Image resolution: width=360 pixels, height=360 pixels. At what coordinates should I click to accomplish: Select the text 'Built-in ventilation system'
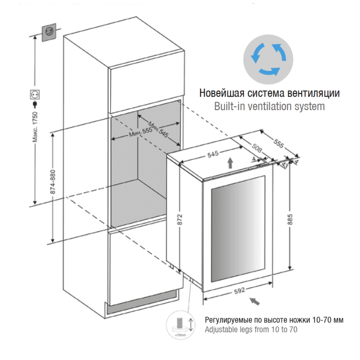click(x=269, y=106)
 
